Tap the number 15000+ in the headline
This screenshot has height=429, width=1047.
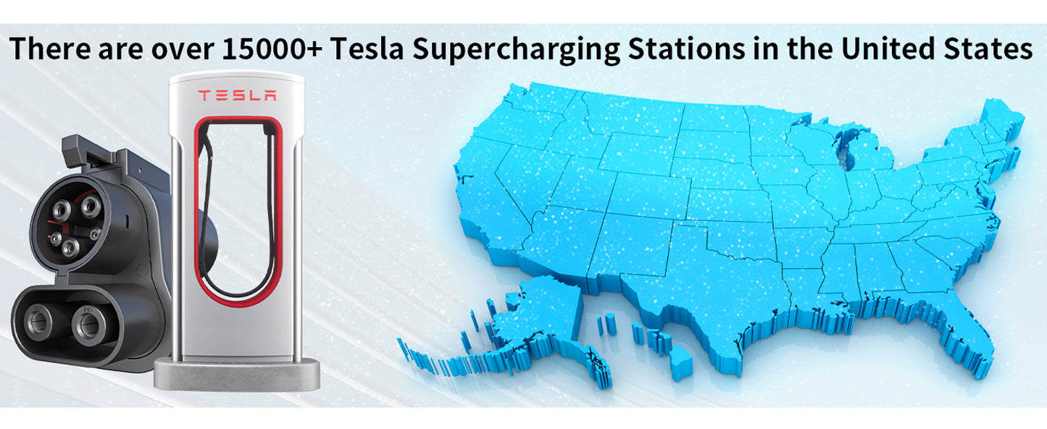(272, 49)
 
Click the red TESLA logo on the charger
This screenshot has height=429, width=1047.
(237, 96)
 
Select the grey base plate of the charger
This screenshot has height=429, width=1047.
(237, 375)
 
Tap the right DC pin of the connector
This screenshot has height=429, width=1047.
(88, 323)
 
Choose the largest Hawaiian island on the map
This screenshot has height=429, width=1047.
(680, 362)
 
